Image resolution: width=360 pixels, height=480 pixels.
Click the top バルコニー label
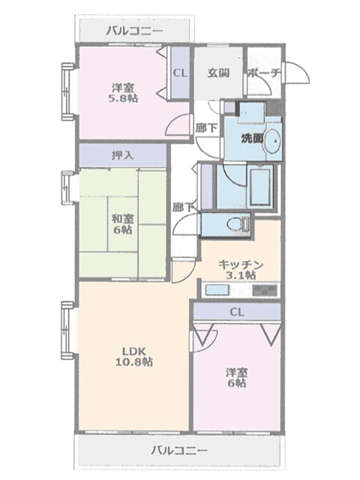[x=135, y=31]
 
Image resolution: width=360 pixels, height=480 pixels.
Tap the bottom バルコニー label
[x=179, y=450]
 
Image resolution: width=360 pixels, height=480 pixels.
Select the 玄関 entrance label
[x=218, y=73]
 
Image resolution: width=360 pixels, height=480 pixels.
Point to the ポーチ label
[x=265, y=73]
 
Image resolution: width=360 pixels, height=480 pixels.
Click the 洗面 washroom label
[x=252, y=138]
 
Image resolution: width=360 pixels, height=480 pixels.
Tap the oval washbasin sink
[x=272, y=141]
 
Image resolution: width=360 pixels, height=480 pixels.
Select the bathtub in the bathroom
[x=260, y=187]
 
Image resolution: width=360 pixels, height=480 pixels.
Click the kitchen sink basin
[x=217, y=289]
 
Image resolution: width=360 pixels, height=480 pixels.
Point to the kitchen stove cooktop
[x=265, y=290]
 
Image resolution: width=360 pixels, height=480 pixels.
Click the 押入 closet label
[x=123, y=155]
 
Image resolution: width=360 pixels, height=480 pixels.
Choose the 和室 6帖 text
[x=122, y=224]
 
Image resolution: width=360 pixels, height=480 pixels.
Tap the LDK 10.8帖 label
[x=133, y=356]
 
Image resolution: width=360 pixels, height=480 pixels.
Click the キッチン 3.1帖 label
[x=241, y=270]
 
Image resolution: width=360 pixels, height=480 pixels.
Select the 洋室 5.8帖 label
[x=124, y=93]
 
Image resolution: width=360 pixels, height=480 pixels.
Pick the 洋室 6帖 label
[x=237, y=378]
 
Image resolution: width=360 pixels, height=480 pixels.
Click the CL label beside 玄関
[x=180, y=73]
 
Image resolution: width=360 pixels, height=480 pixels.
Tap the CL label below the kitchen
[x=237, y=312]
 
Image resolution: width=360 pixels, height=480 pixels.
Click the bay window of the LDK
[x=67, y=330]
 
